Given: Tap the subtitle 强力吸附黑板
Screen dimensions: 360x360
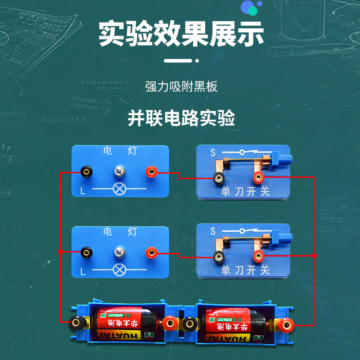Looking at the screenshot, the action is [181, 86].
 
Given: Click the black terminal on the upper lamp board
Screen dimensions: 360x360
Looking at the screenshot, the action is [86, 171].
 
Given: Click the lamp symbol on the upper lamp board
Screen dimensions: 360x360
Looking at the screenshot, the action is [119, 189].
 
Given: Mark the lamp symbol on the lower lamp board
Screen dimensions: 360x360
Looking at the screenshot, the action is [119, 270].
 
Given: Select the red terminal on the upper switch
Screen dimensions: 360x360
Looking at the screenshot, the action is [258, 177].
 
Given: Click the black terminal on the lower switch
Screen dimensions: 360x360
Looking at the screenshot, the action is [219, 257].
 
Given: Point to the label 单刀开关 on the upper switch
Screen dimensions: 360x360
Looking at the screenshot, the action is [245, 191].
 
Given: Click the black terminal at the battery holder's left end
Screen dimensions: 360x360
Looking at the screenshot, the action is [74, 322].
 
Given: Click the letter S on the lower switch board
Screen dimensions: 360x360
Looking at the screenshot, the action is [213, 231].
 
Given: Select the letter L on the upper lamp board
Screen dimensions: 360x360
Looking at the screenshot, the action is [83, 191].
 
